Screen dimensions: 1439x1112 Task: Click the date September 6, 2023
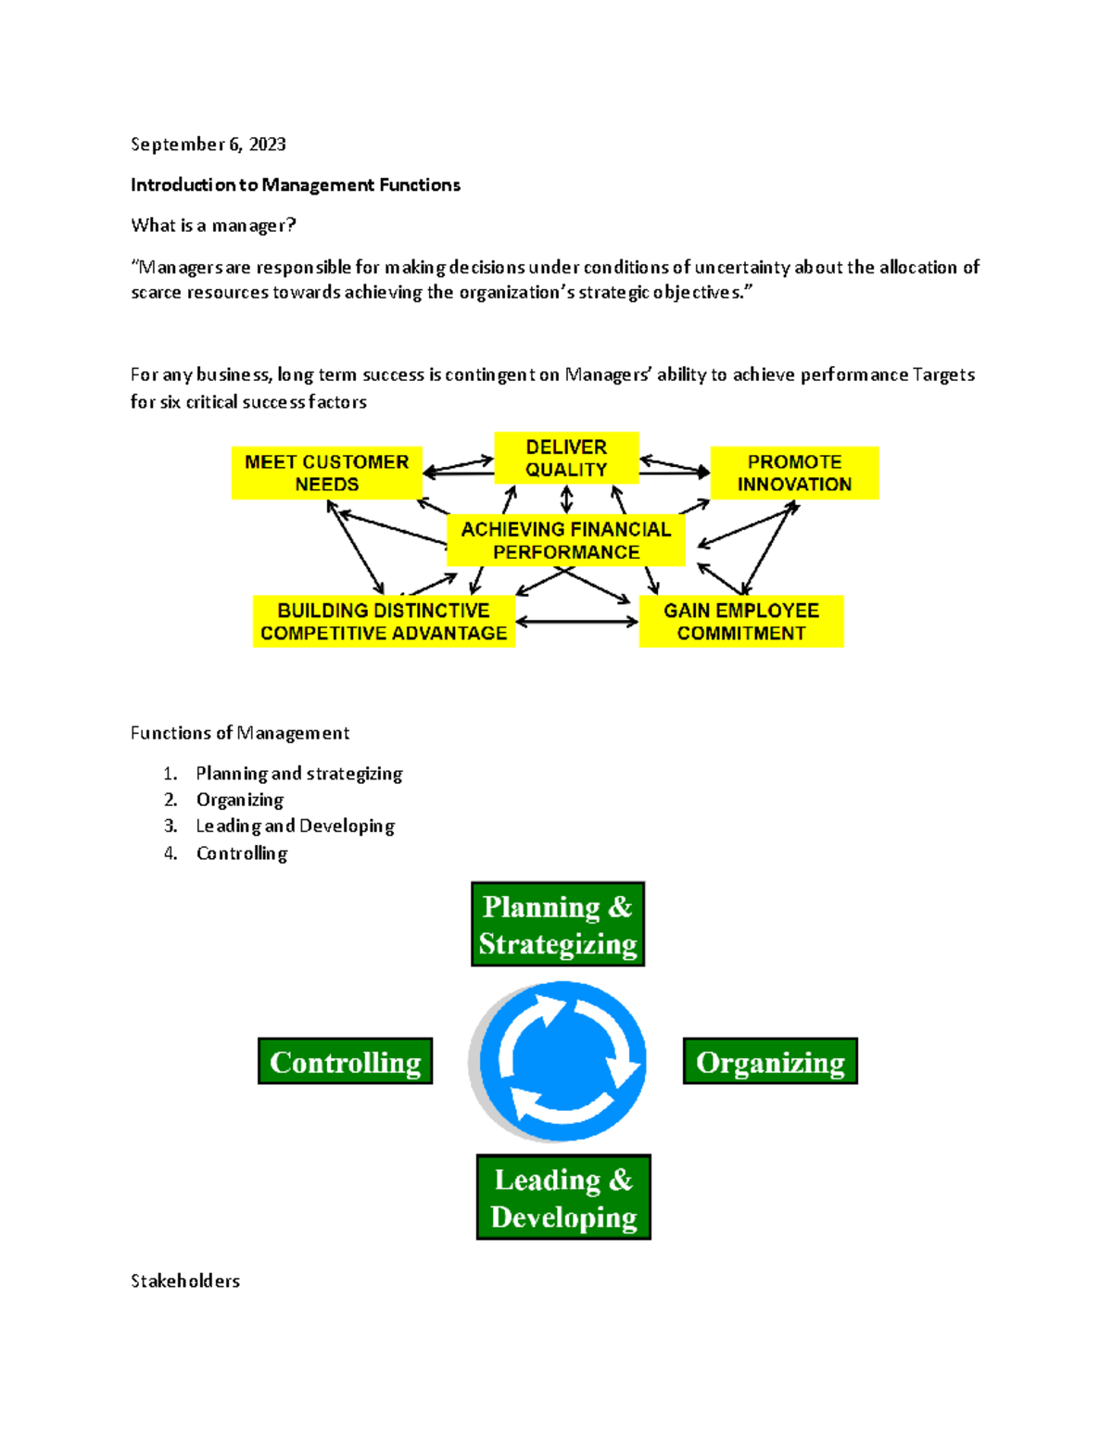(208, 144)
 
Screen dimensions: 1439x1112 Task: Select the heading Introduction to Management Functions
(295, 184)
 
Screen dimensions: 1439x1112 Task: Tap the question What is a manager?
(213, 225)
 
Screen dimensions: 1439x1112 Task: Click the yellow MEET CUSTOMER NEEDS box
(326, 473)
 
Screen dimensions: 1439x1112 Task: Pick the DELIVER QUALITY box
(566, 458)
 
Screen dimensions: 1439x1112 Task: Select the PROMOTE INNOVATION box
(794, 473)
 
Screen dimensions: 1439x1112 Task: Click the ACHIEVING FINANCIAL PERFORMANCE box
(565, 540)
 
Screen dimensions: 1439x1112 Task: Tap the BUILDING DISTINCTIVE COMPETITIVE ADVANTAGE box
(384, 622)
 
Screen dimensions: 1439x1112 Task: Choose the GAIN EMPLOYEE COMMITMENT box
(740, 622)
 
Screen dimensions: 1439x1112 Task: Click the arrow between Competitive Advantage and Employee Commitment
(576, 622)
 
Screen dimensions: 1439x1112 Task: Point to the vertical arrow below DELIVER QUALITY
(566, 499)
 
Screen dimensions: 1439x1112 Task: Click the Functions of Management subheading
(240, 733)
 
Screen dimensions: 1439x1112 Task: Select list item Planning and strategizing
(298, 773)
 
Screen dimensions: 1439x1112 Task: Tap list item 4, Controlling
(241, 852)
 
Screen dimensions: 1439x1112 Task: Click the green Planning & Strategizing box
(558, 924)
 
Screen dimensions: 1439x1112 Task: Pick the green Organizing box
(770, 1061)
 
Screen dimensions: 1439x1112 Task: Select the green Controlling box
(345, 1061)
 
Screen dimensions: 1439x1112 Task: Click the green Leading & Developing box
(563, 1197)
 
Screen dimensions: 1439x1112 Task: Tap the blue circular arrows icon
(562, 1061)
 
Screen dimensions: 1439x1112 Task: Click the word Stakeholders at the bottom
(185, 1281)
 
